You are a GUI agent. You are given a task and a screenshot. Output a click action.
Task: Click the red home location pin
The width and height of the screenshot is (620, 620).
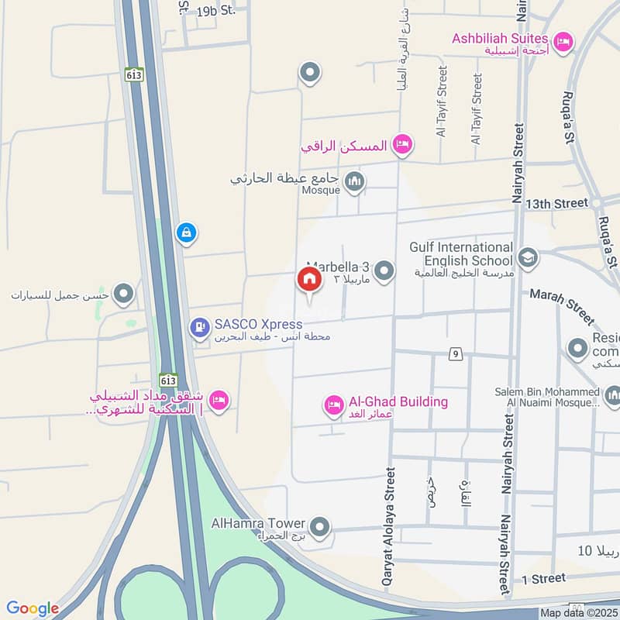click(x=308, y=280)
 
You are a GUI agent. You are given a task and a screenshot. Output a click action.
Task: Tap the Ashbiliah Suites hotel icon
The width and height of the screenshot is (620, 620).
click(x=563, y=40)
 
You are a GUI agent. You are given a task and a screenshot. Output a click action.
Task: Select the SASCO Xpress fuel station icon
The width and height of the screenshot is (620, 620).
click(x=200, y=329)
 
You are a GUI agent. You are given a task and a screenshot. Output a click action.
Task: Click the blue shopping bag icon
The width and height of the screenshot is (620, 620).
click(x=185, y=232)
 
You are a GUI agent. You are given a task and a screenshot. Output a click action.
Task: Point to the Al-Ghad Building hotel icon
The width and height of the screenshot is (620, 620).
click(x=334, y=405)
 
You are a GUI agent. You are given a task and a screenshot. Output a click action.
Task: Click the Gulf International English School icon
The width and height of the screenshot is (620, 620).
click(x=527, y=257)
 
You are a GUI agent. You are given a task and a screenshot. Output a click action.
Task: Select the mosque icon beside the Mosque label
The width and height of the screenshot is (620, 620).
click(x=355, y=183)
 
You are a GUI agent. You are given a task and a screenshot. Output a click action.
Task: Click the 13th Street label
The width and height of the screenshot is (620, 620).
click(x=556, y=203)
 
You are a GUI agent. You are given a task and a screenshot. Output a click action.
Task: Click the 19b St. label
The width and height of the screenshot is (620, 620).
click(x=216, y=11)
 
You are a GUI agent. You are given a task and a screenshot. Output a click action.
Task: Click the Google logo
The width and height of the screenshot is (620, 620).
click(x=33, y=608)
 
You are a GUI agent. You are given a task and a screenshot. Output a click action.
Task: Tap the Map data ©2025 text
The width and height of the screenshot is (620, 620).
click(x=577, y=613)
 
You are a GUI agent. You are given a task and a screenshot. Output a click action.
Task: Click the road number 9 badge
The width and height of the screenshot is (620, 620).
click(x=456, y=354)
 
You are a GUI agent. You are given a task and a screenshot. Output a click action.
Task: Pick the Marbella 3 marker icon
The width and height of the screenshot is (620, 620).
click(x=384, y=270)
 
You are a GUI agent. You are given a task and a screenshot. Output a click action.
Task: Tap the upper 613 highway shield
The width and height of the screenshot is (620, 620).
click(x=131, y=76)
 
